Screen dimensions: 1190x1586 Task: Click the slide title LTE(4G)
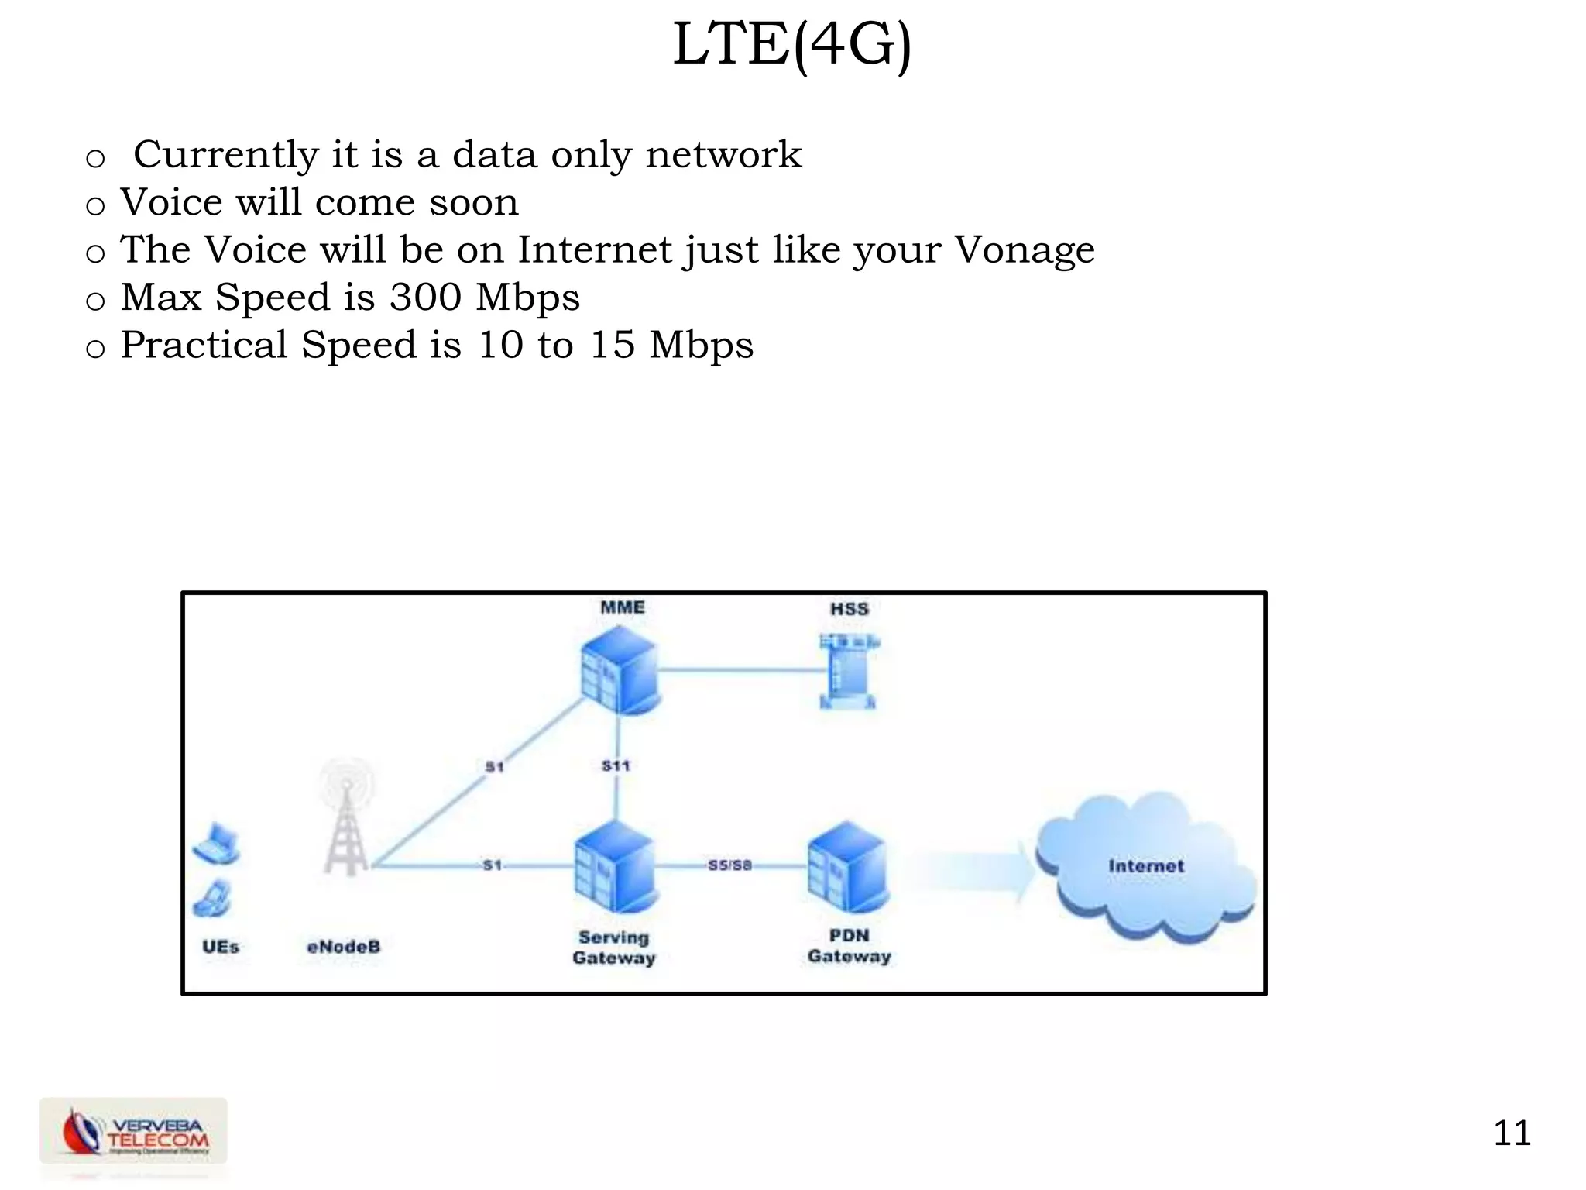[792, 45]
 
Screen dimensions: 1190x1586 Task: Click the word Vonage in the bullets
[1024, 250]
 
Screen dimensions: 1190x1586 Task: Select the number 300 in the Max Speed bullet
[425, 297]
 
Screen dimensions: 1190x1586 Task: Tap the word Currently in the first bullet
[225, 154]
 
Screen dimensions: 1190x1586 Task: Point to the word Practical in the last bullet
[204, 345]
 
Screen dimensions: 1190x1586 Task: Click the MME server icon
[620, 670]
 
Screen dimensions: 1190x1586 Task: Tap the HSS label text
[850, 609]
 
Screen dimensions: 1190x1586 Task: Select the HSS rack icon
[849, 671]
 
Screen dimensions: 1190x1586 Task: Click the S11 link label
[616, 765]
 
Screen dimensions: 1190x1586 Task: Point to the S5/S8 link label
[729, 865]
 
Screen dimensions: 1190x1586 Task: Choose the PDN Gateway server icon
[848, 868]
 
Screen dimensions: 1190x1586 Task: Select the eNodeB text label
[344, 947]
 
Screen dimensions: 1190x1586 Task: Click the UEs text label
[221, 947]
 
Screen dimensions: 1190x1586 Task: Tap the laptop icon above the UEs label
[217, 844]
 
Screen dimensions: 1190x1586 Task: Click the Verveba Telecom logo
[134, 1132]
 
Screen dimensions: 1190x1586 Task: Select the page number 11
[1512, 1133]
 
